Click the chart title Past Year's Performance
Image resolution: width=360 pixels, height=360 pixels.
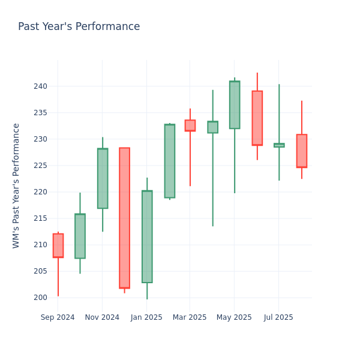click(79, 27)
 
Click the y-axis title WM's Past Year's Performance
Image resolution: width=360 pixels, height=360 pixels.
click(17, 185)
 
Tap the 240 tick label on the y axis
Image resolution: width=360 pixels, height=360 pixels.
click(40, 86)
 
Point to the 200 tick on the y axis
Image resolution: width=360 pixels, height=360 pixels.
click(40, 298)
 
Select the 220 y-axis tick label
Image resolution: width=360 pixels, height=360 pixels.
click(40, 192)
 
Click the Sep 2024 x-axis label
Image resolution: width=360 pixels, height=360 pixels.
click(58, 317)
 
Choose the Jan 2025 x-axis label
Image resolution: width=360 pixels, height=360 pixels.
click(146, 317)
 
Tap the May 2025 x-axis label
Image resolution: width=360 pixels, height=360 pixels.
click(234, 317)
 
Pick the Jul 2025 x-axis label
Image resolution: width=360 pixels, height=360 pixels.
click(278, 317)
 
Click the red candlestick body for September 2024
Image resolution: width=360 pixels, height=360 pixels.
click(58, 245)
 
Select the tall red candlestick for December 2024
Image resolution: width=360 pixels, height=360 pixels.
click(124, 218)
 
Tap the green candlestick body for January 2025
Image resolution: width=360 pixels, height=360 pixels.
click(147, 236)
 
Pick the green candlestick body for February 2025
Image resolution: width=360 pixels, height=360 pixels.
click(170, 161)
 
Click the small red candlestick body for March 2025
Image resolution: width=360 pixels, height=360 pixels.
click(190, 125)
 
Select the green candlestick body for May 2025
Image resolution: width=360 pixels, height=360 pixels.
click(235, 105)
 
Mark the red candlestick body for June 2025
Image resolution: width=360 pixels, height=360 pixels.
click(257, 118)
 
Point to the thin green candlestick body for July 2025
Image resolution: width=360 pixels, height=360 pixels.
click(279, 145)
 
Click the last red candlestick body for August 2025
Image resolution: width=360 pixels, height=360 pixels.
click(301, 151)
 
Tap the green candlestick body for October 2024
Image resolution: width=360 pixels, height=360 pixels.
click(80, 236)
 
